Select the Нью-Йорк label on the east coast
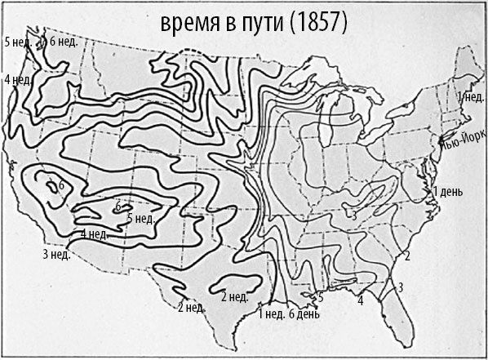(x=463, y=140)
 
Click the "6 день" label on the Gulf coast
(x=304, y=313)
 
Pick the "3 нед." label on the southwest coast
(x=56, y=255)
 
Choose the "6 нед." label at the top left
(x=63, y=42)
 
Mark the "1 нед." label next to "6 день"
(x=270, y=313)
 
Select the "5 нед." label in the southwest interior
(x=140, y=218)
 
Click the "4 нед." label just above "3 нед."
(x=94, y=234)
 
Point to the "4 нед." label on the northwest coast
(x=18, y=79)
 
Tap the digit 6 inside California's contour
(x=60, y=186)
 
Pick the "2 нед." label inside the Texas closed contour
(x=235, y=296)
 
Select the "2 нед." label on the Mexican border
(x=190, y=308)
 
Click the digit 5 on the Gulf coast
(x=321, y=299)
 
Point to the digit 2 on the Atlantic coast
(x=406, y=256)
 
